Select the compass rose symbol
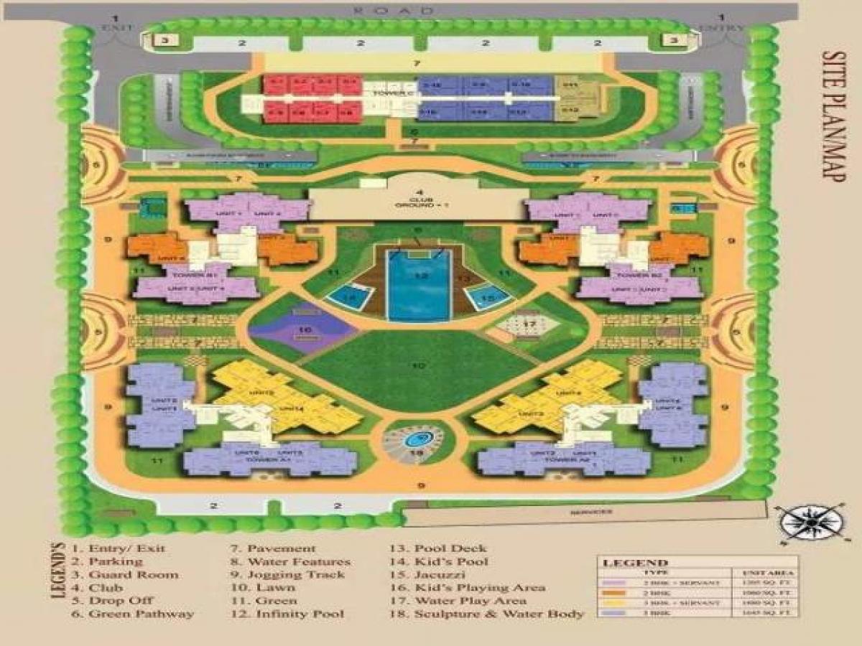810,521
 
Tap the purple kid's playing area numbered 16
303,331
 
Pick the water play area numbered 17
529,325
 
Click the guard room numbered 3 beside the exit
164,40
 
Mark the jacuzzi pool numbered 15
489,296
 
